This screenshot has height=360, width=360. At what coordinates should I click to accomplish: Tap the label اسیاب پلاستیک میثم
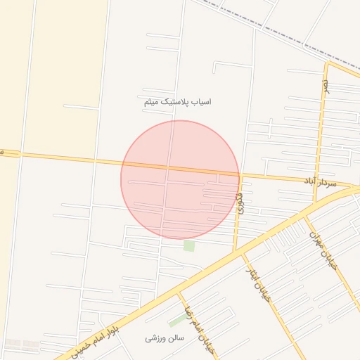tap(176, 102)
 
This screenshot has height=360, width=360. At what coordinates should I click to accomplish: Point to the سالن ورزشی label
tap(165, 338)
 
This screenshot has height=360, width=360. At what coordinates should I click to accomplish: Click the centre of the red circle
tap(180, 180)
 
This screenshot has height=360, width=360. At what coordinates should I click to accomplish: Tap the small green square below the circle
tap(189, 245)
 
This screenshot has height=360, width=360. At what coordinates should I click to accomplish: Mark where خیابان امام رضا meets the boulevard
tap(179, 291)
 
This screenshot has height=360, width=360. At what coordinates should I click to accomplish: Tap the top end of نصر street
tap(327, 64)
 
